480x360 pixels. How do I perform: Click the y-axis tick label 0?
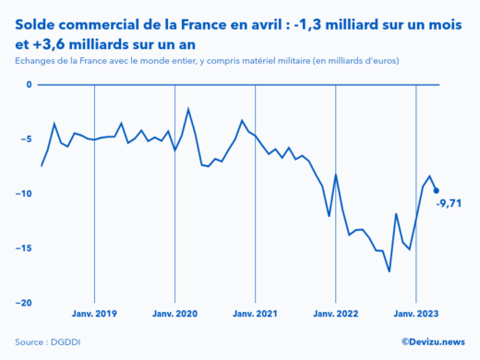click(x=29, y=85)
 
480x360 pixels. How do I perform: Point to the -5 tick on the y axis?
click(x=27, y=139)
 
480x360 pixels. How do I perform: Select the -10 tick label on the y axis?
click(x=24, y=194)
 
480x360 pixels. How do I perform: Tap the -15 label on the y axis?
click(x=24, y=248)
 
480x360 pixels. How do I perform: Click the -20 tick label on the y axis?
click(x=24, y=303)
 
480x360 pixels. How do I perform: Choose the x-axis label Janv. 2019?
click(x=94, y=314)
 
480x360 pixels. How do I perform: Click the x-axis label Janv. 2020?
click(x=174, y=314)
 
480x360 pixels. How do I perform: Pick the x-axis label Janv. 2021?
click(x=256, y=314)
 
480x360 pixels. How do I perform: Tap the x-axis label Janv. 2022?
click(x=336, y=314)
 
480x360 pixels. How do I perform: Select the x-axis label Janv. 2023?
click(x=416, y=314)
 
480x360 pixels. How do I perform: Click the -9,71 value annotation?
click(x=450, y=203)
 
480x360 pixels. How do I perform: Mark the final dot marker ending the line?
click(x=437, y=191)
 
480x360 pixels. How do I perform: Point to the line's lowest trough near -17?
click(x=390, y=271)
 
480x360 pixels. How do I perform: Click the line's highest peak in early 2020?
click(x=188, y=109)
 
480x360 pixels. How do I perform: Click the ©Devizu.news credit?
click(x=433, y=342)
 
